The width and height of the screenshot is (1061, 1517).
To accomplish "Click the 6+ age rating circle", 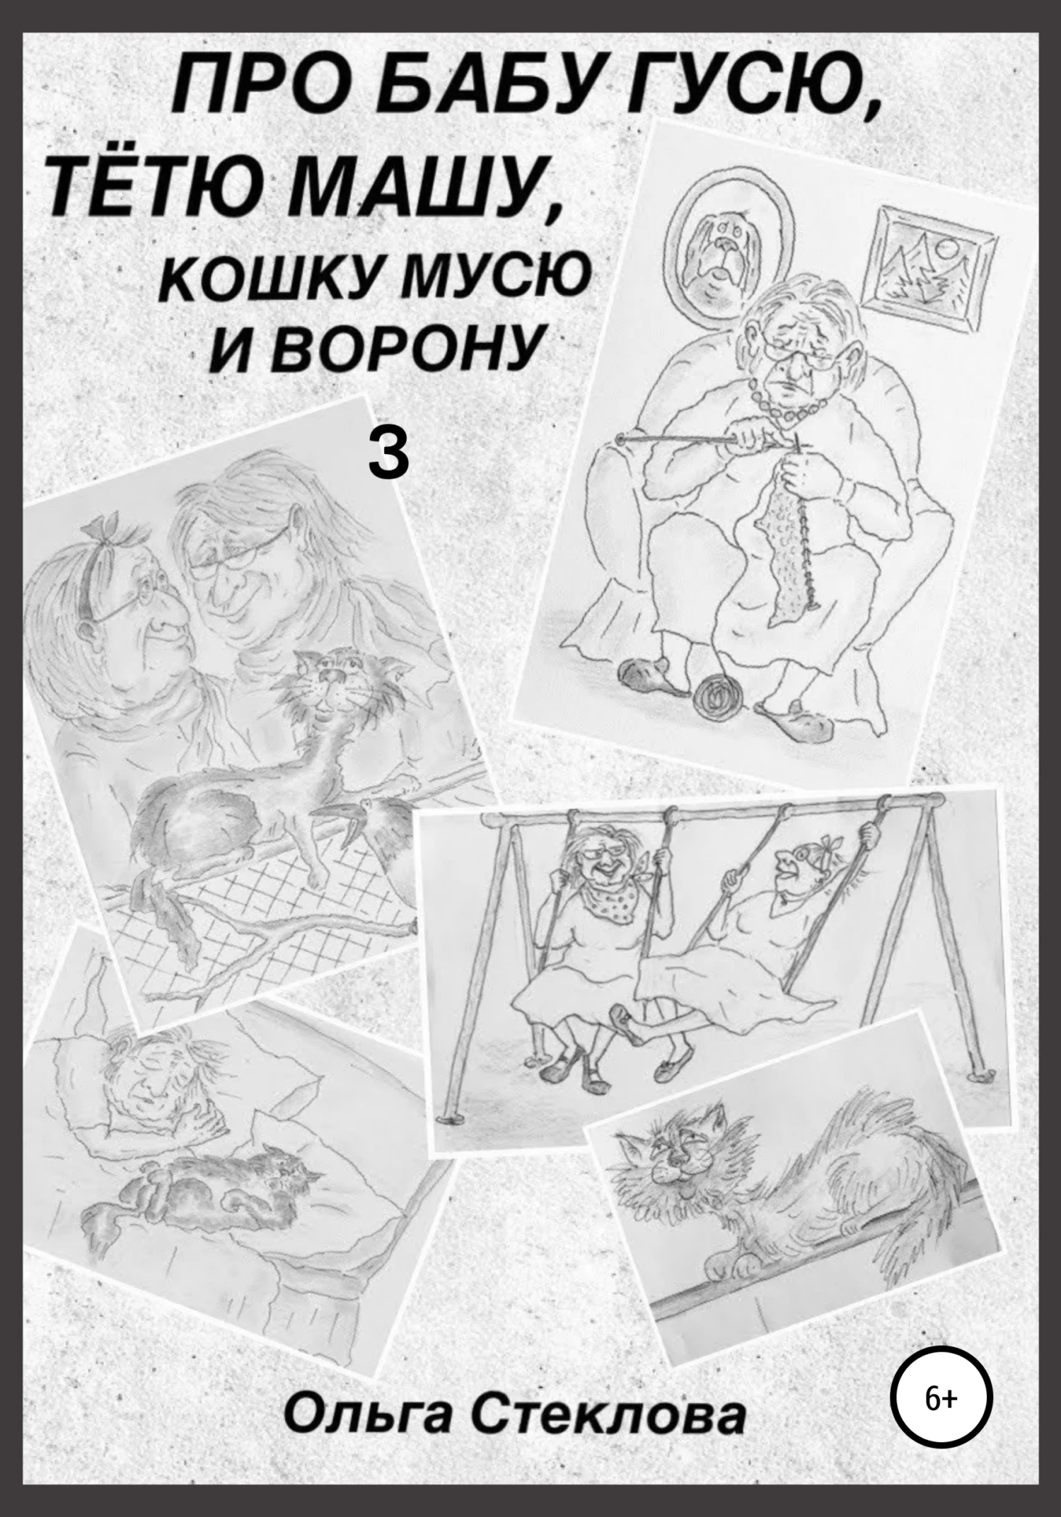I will click(942, 1398).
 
